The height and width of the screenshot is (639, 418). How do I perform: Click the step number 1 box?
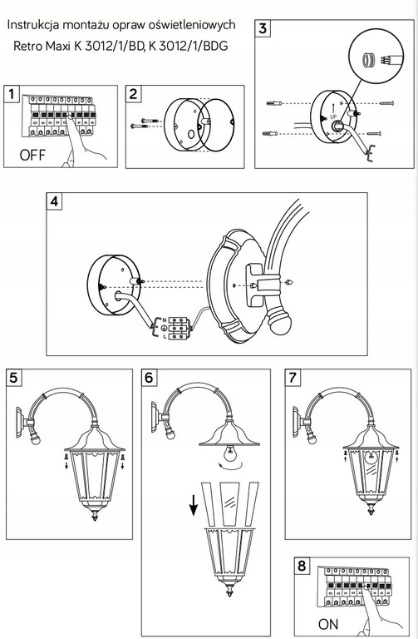[x=12, y=94]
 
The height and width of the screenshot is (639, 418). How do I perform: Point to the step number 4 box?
[x=55, y=202]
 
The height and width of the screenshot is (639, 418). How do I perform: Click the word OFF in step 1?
[x=33, y=155]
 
